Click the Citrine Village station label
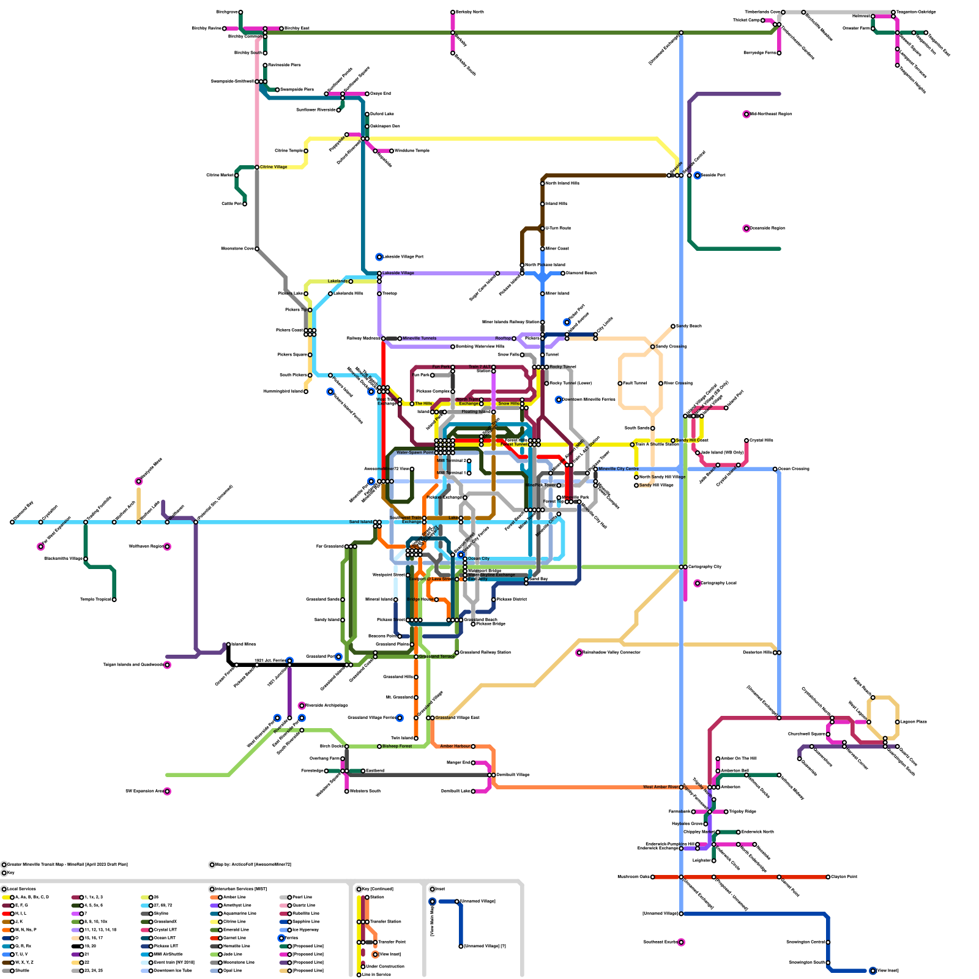274,167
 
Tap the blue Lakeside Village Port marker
379,257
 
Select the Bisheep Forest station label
397,746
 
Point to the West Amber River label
661,787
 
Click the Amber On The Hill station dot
718,759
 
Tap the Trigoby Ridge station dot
726,812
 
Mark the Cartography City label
704,567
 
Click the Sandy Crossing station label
671,347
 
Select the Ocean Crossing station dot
775,469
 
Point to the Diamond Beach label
581,274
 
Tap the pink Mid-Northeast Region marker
746,114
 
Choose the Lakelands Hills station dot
330,294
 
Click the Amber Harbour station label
455,746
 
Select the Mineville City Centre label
618,469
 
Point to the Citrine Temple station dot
306,151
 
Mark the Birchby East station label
297,29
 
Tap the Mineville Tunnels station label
420,338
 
